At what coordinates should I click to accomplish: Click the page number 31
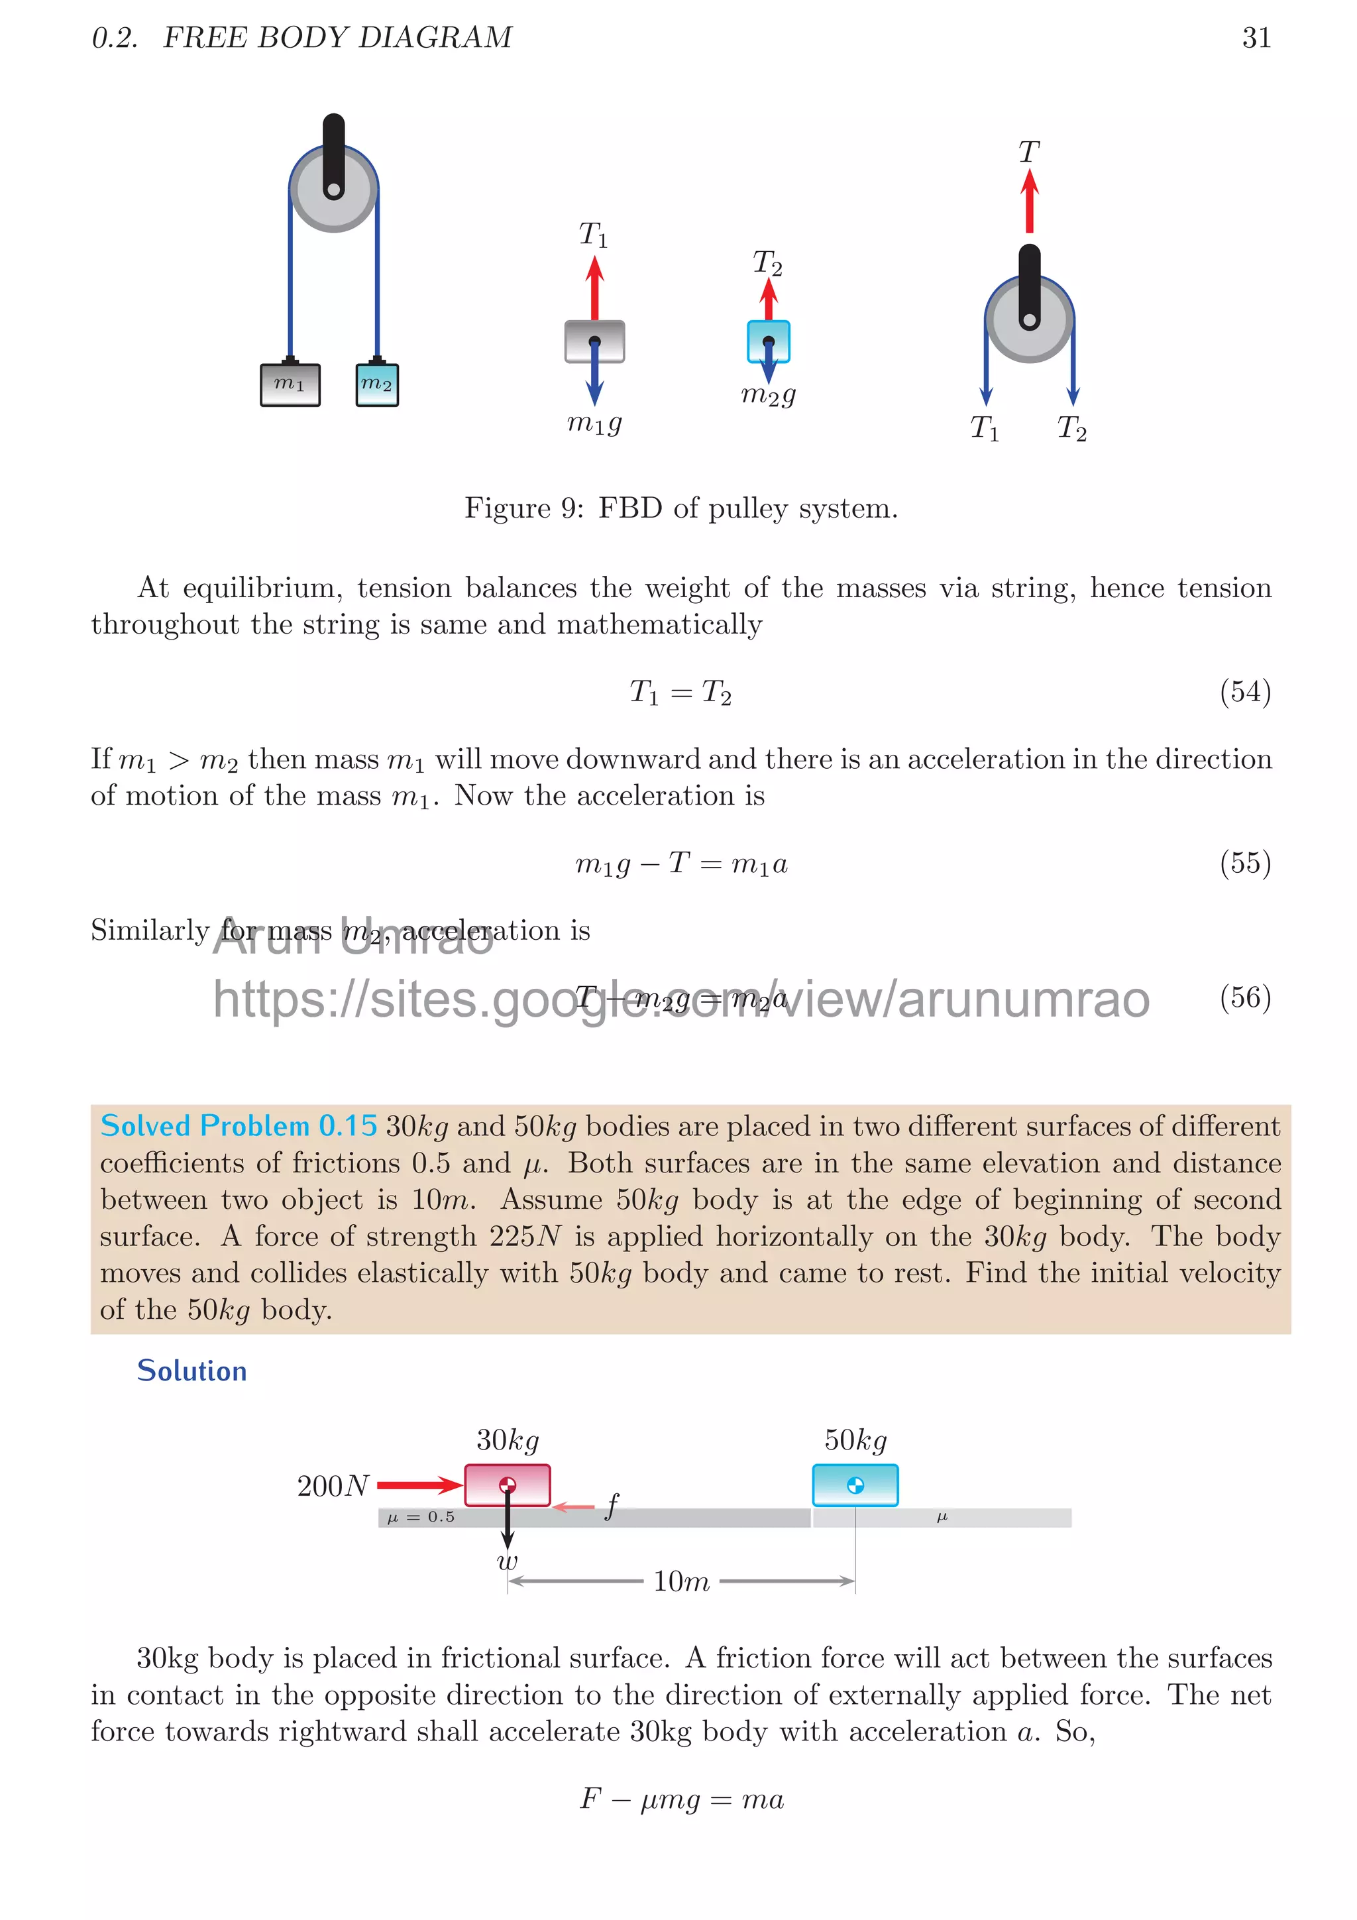tap(1256, 38)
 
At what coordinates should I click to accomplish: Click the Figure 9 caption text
tap(680, 508)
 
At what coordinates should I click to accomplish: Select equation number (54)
tap(1244, 691)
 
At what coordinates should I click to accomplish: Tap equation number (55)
tap(1244, 862)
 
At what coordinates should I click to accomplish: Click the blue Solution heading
tap(191, 1371)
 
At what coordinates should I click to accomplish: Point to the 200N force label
tap(333, 1486)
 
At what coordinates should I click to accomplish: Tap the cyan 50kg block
tap(855, 1485)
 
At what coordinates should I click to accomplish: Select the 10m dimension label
tap(680, 1581)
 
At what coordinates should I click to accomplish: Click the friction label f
tap(612, 1506)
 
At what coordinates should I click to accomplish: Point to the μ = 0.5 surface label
tap(421, 1517)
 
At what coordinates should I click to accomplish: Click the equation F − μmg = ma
tap(680, 1798)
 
